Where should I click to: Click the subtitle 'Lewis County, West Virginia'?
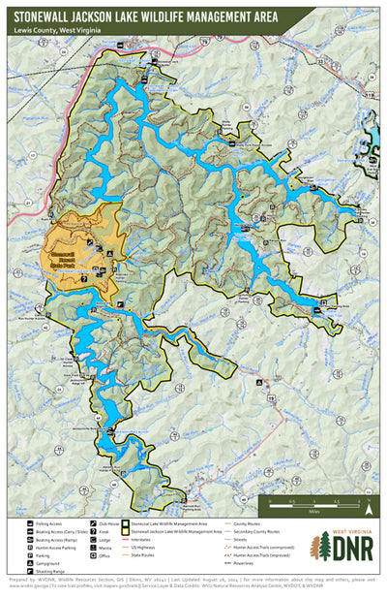coord(58,30)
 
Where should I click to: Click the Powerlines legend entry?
coord(245,564)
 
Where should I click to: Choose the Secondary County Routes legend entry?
coord(254,528)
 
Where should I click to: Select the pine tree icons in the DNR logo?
coord(315,548)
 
